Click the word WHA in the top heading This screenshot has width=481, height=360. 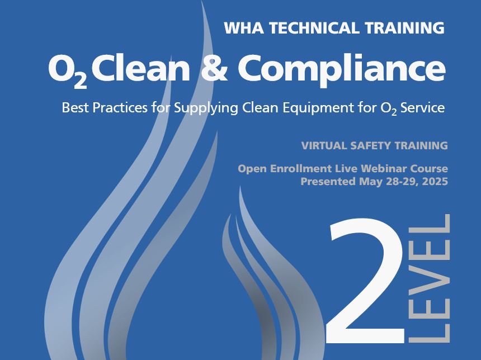[x=244, y=28]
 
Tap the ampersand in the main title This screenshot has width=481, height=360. [x=214, y=68]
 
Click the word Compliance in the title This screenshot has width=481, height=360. [x=341, y=70]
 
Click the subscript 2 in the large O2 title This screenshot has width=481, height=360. [x=80, y=82]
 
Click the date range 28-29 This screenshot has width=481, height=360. [x=401, y=181]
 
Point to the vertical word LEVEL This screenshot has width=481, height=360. [x=430, y=278]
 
